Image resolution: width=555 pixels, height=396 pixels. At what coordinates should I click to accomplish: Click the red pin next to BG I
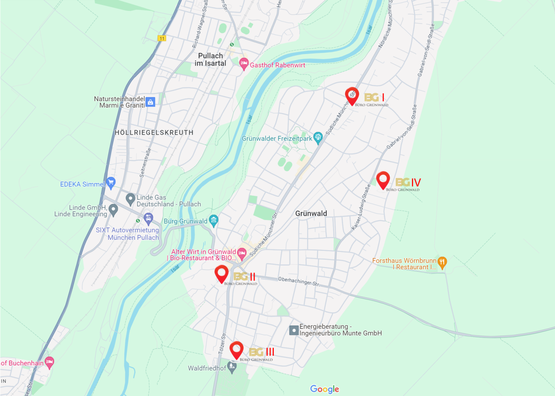coord(352,95)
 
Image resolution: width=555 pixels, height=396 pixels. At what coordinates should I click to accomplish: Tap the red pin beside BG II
coord(221,273)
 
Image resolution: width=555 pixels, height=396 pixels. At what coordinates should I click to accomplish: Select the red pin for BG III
coord(236,349)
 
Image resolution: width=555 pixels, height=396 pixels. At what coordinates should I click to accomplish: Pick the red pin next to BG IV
coord(383,179)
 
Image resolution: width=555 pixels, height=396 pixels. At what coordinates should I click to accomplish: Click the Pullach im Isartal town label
coord(210,60)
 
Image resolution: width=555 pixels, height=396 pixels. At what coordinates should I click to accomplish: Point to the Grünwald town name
coord(311,213)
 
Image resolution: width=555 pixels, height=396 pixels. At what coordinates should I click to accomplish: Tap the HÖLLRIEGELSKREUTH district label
coord(154,133)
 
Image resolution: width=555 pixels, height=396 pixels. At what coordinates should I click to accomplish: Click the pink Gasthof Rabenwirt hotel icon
coord(244,63)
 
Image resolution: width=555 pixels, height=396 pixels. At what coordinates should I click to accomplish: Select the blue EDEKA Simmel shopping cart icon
coord(111,183)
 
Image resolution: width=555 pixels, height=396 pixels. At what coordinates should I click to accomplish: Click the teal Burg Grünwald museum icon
coord(214,220)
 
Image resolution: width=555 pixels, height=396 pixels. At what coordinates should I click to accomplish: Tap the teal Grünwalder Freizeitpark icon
coord(318,137)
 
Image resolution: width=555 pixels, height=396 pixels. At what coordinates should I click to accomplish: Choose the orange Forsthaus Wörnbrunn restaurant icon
coord(442,262)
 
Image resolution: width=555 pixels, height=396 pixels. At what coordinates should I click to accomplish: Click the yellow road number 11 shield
coord(162,39)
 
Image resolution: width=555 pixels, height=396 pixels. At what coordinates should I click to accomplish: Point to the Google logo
coord(324,389)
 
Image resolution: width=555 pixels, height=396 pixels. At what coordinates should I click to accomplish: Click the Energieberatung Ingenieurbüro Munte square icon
coord(294,330)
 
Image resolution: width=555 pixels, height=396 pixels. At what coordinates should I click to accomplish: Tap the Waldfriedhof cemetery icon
coord(232,367)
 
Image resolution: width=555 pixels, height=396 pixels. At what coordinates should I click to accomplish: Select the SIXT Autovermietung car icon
coord(148,219)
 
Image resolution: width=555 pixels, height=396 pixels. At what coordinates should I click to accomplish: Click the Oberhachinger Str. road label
coord(299,281)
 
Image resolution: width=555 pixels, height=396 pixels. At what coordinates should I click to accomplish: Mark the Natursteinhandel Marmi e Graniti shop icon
coord(150,102)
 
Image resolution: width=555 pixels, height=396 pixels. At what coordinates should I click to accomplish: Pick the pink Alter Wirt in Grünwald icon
coord(242,254)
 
